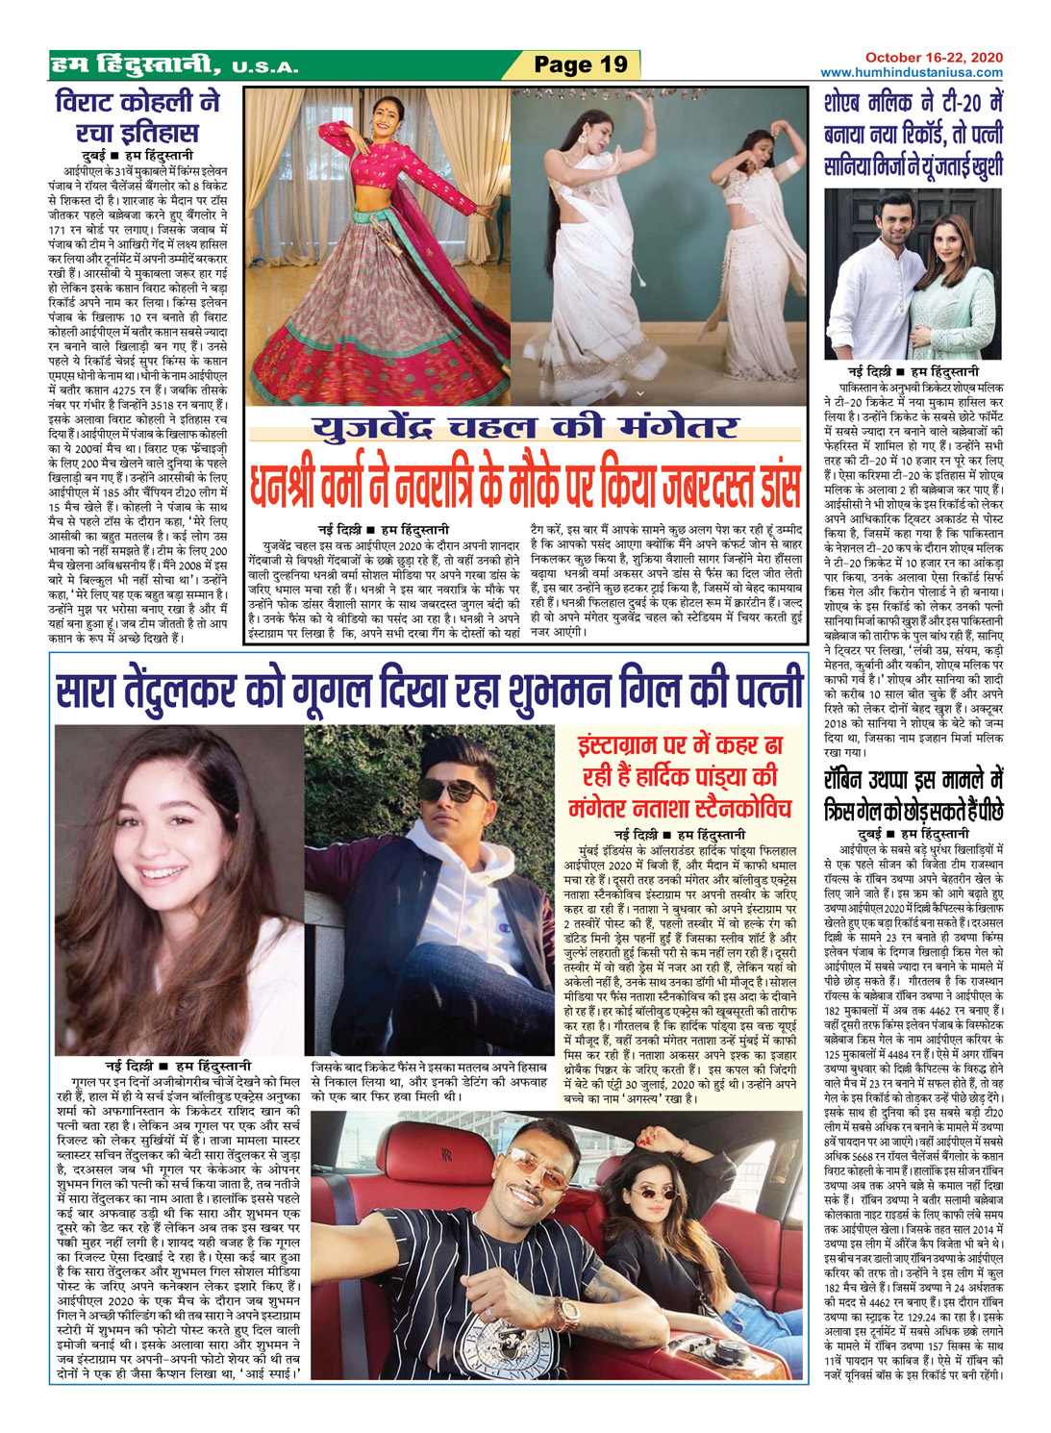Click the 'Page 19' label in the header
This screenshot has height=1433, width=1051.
580,65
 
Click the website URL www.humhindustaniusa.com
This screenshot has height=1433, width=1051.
911,72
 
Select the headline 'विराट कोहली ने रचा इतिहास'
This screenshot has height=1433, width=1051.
138,116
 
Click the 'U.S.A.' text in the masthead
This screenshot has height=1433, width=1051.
264,68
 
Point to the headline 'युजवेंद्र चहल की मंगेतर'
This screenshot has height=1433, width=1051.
525,428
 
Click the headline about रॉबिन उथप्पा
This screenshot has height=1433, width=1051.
913,794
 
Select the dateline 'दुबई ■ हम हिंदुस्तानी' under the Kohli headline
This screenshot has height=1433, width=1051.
136,154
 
